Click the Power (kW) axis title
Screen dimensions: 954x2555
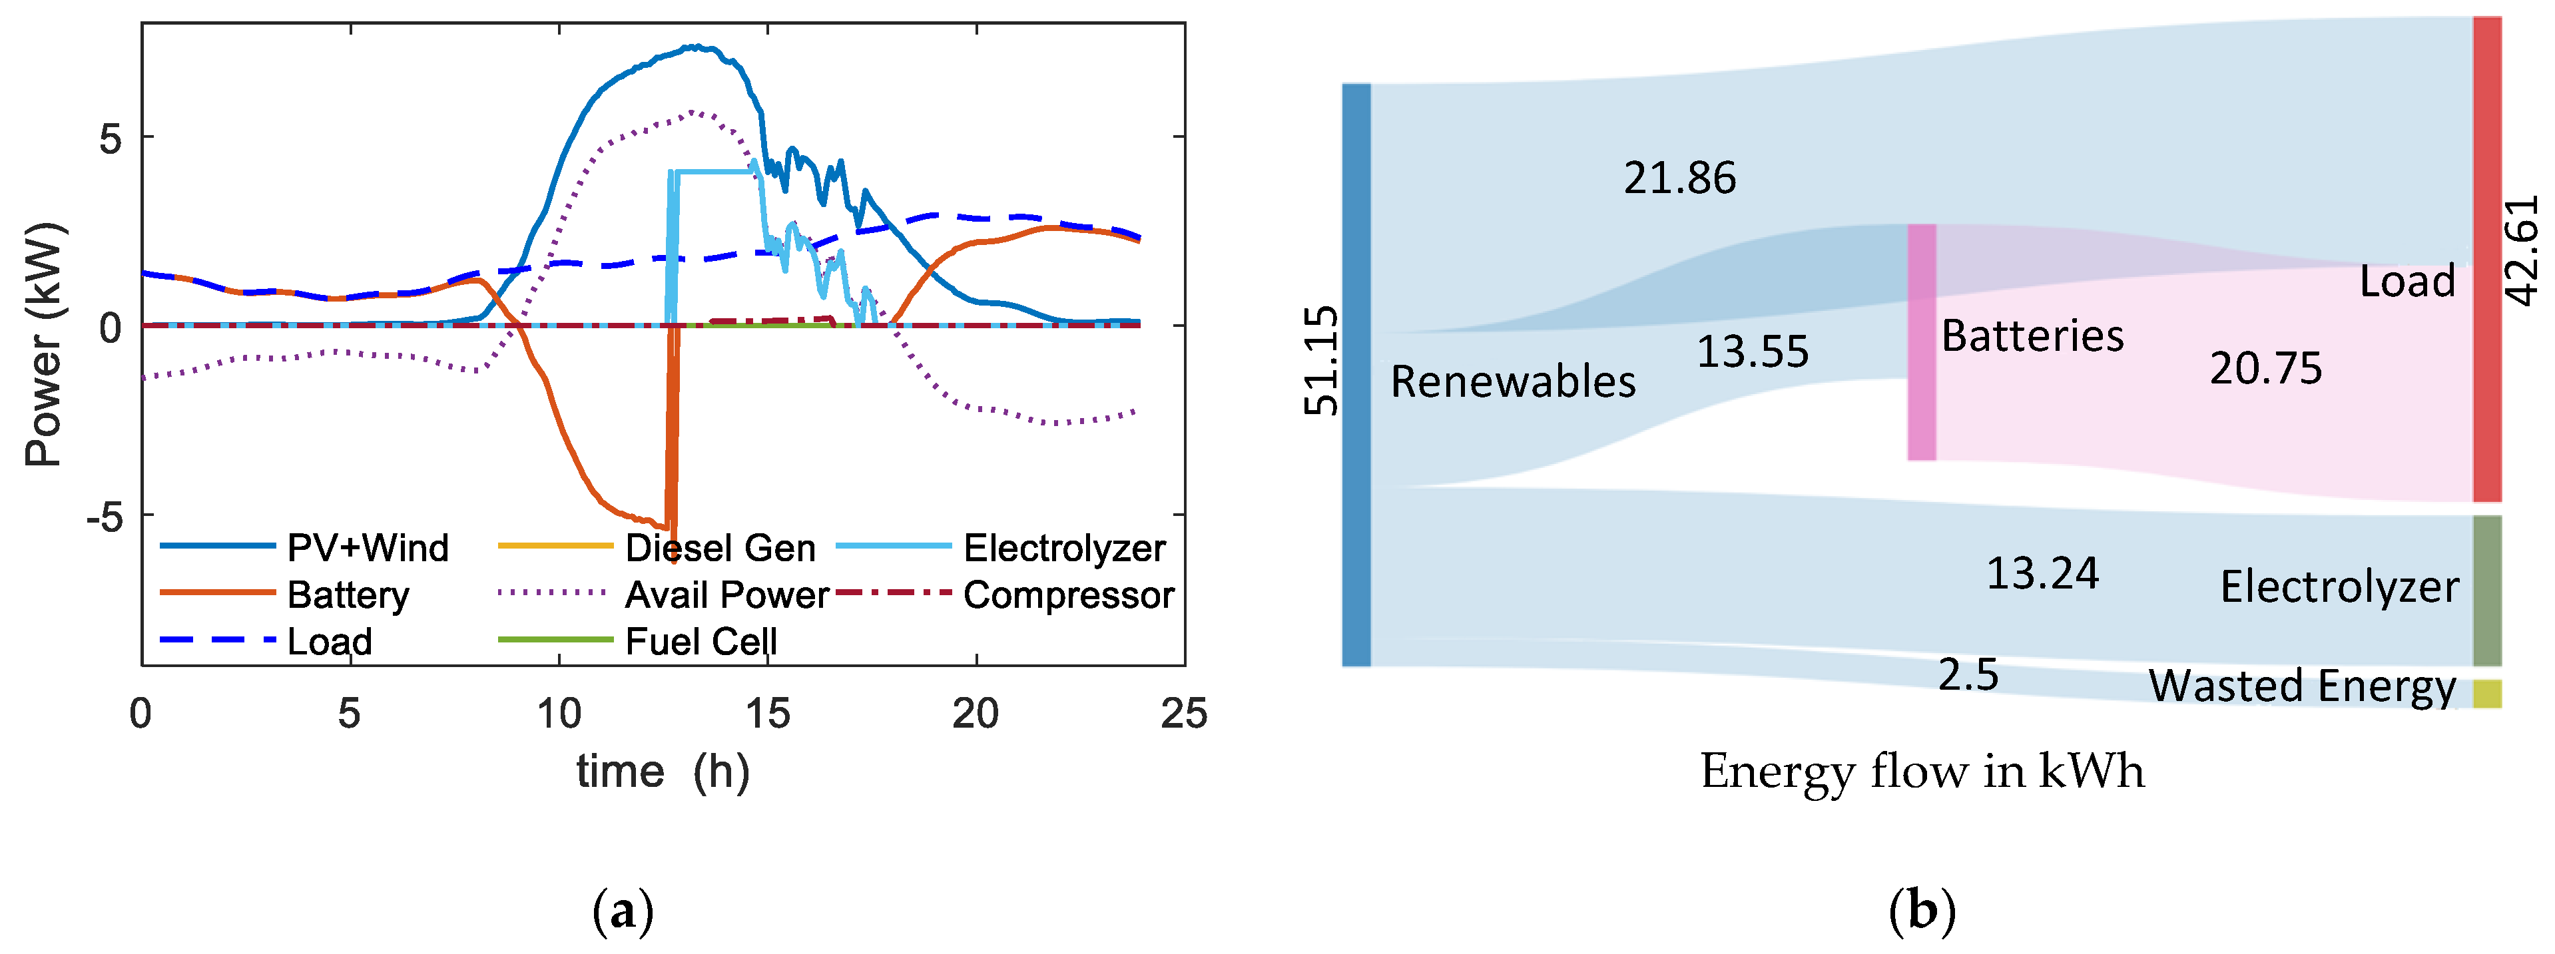[x=44, y=344]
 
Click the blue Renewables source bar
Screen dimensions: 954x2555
[x=1356, y=375]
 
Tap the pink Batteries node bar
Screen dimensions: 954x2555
[x=1921, y=342]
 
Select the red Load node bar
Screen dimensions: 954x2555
[x=2486, y=260]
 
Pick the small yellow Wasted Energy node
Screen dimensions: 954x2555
[x=2486, y=693]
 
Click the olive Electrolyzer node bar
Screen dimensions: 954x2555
[x=2486, y=590]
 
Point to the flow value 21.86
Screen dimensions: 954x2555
[x=1679, y=178]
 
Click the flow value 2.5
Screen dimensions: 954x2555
[x=1968, y=675]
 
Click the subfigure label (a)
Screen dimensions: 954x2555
[x=623, y=910]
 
